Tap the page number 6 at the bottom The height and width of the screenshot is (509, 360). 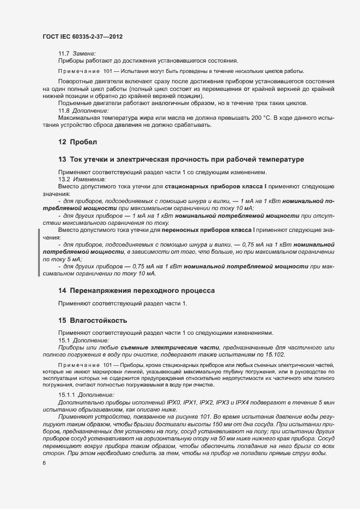[44, 463]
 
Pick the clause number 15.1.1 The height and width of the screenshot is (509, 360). [67, 394]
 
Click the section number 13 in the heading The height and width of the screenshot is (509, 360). [62, 160]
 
